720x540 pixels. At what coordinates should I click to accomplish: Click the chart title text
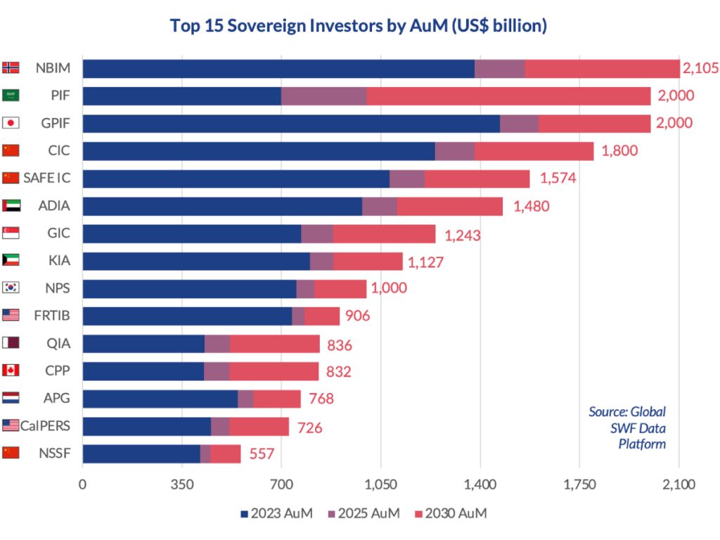pyautogui.click(x=359, y=26)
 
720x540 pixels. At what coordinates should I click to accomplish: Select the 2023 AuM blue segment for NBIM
pyautogui.click(x=278, y=68)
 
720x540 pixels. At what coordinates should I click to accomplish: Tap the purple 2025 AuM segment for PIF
pyautogui.click(x=323, y=96)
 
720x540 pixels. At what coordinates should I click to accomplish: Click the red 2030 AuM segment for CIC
pyautogui.click(x=534, y=151)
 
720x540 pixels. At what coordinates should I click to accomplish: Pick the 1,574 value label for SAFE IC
pyautogui.click(x=558, y=178)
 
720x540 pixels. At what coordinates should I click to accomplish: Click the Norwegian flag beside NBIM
pyautogui.click(x=11, y=68)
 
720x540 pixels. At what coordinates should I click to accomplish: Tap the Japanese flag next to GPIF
pyautogui.click(x=11, y=123)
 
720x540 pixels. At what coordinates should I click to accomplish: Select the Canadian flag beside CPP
pyautogui.click(x=11, y=370)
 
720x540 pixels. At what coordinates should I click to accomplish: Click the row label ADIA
pyautogui.click(x=53, y=206)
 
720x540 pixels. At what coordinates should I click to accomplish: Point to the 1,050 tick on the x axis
pyautogui.click(x=380, y=484)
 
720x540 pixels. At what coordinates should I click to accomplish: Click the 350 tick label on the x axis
pyautogui.click(x=182, y=484)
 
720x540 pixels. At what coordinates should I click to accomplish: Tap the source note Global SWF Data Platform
pyautogui.click(x=627, y=427)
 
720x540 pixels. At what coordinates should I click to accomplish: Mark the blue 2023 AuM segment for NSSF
pyautogui.click(x=141, y=454)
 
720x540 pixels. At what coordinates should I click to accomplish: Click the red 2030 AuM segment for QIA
pyautogui.click(x=275, y=344)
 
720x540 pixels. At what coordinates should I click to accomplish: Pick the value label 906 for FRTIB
pyautogui.click(x=357, y=316)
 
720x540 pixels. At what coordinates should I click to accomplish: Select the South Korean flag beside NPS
pyautogui.click(x=11, y=288)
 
